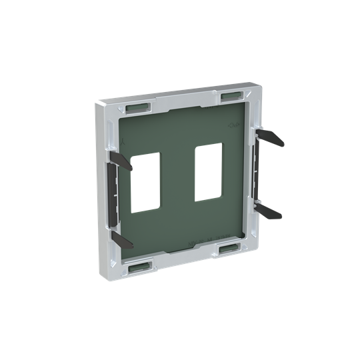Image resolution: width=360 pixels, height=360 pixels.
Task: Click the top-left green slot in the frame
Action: coord(137,107)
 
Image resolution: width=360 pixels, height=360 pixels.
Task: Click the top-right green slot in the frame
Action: coord(230,95)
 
